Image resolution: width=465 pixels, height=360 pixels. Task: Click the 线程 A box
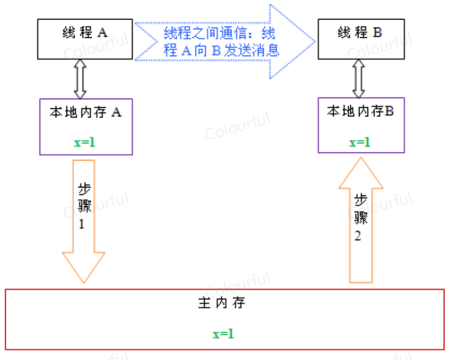tap(85, 38)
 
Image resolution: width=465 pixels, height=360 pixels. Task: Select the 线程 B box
tap(361, 38)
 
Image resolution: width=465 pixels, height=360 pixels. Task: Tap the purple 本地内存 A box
tap(85, 126)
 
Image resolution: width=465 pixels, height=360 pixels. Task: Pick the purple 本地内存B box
tap(361, 124)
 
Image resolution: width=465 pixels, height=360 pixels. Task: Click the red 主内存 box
tap(224, 319)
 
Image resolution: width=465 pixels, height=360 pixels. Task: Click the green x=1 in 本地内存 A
tap(84, 142)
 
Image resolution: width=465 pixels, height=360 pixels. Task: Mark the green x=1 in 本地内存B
tap(360, 142)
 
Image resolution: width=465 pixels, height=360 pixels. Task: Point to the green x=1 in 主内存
tap(223, 334)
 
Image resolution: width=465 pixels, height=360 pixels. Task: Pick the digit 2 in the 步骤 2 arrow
tap(358, 236)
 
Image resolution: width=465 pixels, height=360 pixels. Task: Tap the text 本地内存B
tap(361, 111)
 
